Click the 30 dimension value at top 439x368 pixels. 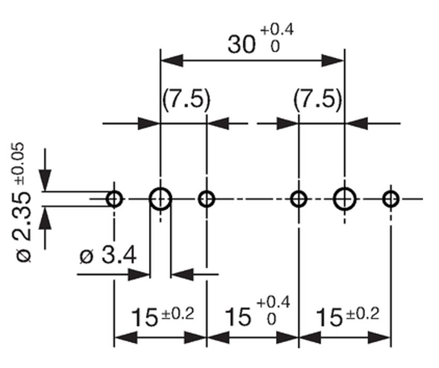pyautogui.click(x=241, y=44)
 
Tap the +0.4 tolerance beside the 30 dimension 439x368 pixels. pyautogui.click(x=277, y=30)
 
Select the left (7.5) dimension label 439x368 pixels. pyautogui.click(x=186, y=99)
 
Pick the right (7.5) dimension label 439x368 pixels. pyautogui.click(x=318, y=99)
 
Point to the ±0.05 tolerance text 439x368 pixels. pyautogui.click(x=19, y=163)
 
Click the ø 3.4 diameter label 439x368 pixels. pyautogui.click(x=108, y=255)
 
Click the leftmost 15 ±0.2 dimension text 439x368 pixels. pyautogui.click(x=162, y=316)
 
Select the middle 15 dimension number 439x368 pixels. pyautogui.click(x=238, y=317)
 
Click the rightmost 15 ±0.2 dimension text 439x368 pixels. pyautogui.click(x=348, y=316)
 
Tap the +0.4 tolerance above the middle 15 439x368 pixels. pyautogui.click(x=274, y=303)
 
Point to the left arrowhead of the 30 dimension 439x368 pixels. pyautogui.click(x=172, y=61)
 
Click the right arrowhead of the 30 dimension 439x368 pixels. pyautogui.click(x=333, y=61)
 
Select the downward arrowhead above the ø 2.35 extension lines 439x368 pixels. pyautogui.click(x=45, y=180)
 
